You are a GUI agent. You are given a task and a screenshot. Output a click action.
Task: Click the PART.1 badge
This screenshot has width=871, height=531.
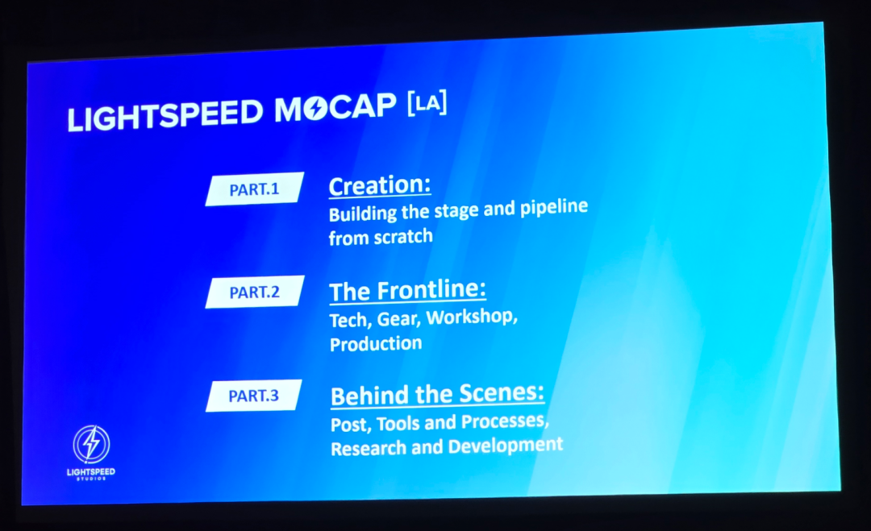(254, 189)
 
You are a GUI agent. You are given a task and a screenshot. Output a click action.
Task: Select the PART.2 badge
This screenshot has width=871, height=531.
(254, 292)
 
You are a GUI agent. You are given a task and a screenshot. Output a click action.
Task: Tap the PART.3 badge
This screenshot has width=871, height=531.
(253, 396)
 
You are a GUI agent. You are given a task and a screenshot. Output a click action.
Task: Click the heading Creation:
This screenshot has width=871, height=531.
(379, 185)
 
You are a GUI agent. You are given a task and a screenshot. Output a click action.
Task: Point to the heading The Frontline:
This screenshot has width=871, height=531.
(407, 290)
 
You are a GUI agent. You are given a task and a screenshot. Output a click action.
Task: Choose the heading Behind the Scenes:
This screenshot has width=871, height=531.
(437, 395)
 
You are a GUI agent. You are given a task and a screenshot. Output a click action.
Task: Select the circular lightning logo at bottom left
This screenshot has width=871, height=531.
(91, 444)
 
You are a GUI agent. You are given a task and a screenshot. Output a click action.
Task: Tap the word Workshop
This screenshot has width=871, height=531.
(470, 317)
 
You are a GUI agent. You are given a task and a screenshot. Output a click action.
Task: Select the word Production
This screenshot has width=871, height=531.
(375, 343)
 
